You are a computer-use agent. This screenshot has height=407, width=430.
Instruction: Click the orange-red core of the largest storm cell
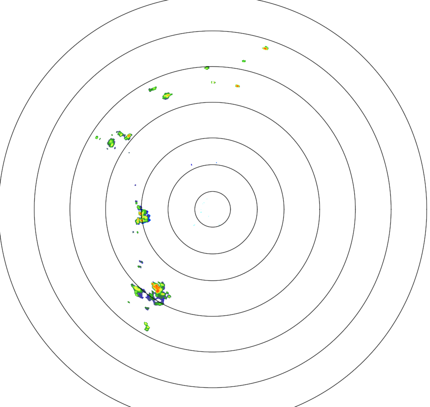point(157,287)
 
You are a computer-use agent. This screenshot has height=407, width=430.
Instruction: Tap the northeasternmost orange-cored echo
point(265,48)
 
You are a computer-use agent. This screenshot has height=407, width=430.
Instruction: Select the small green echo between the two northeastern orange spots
point(244,61)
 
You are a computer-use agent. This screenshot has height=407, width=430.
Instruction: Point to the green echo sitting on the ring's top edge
point(206,68)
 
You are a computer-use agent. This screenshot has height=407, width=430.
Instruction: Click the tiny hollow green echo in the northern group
point(213,82)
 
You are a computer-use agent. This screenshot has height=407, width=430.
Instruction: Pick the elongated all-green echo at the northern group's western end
point(153,89)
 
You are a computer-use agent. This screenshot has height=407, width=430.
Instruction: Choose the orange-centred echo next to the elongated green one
point(167,96)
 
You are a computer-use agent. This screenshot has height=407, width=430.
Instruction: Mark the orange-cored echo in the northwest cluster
point(128,136)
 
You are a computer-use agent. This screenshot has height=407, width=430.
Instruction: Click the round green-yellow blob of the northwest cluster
point(111,142)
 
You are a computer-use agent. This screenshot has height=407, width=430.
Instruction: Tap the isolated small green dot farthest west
point(97,137)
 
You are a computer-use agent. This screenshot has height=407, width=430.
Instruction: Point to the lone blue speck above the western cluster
point(135,185)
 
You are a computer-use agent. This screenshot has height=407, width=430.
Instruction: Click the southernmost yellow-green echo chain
point(146,326)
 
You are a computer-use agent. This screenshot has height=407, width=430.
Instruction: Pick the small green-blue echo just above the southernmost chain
point(147,308)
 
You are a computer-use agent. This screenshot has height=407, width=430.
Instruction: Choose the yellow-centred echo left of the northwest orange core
point(120,134)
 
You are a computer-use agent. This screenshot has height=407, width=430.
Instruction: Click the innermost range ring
point(212,191)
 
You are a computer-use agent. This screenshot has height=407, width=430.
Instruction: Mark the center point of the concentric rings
point(212,209)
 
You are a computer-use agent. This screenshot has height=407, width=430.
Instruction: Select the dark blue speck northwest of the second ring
point(191,165)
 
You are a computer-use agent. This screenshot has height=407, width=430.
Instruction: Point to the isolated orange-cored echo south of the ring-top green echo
point(237,86)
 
